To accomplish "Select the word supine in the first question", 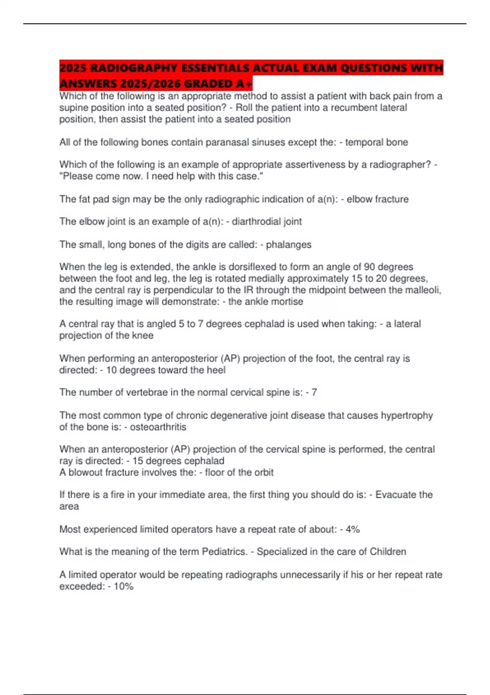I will click(73, 108).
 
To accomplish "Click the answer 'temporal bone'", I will click(376, 142).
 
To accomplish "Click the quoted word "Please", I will click(76, 176).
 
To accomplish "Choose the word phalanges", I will click(289, 244).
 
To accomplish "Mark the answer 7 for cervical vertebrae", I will click(314, 392).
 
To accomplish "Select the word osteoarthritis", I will click(158, 427).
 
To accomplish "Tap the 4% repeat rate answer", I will click(352, 529).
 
